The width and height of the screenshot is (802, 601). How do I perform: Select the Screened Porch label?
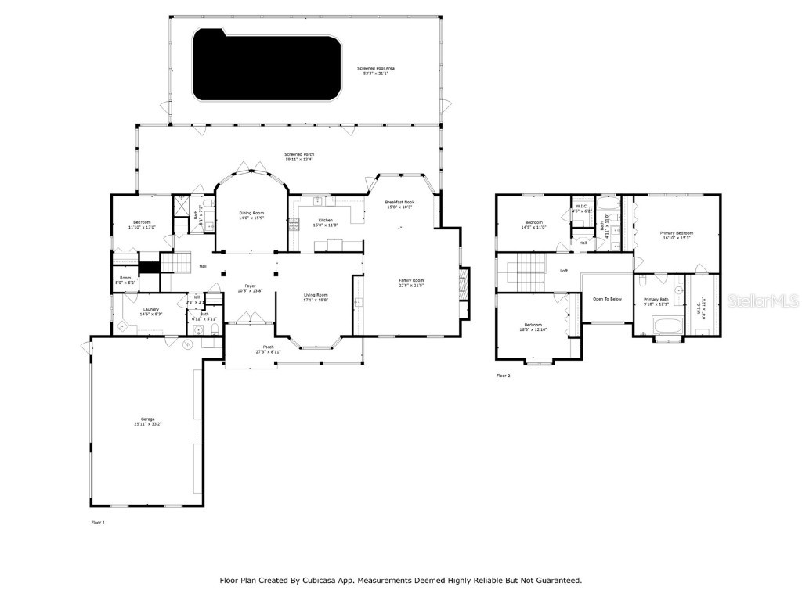coord(299,157)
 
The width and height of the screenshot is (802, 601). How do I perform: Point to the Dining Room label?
coord(251,215)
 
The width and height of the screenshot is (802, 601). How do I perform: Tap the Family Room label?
coord(411,282)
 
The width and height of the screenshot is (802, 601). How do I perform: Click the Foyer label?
coord(250,287)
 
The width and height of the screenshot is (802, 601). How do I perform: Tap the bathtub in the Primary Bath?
coord(668,325)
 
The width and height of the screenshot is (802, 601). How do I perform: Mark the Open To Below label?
coord(607,299)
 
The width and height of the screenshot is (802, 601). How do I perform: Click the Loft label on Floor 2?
coord(563,271)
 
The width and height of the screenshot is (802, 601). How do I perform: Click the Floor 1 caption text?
coord(98,522)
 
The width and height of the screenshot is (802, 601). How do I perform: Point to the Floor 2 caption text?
coord(503,376)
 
